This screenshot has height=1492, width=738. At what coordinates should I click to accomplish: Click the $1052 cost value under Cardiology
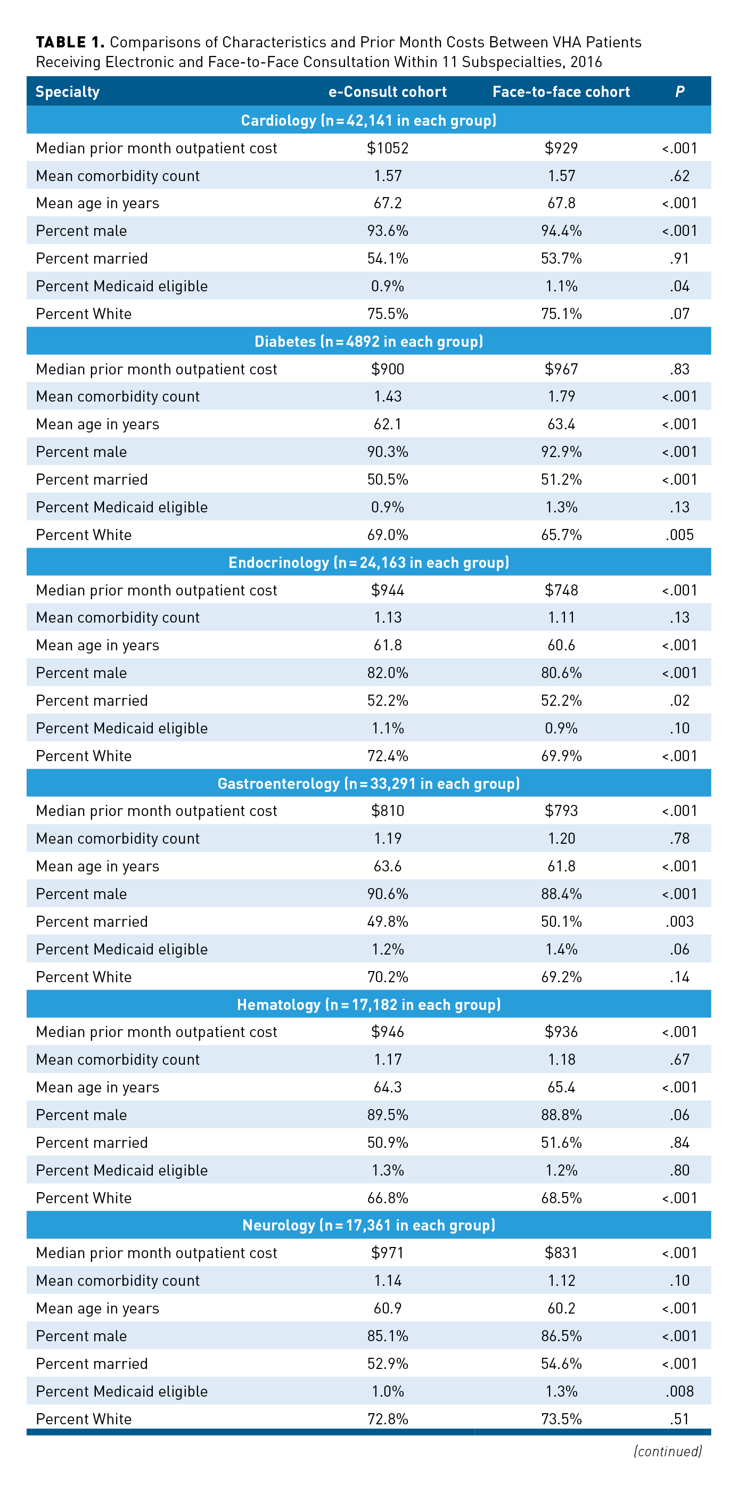click(x=387, y=148)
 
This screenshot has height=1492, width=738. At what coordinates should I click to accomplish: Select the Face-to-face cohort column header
click(x=561, y=92)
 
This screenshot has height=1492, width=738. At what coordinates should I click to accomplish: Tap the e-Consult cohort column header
click(x=387, y=92)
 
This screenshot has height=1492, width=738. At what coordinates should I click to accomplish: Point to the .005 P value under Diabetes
click(x=679, y=535)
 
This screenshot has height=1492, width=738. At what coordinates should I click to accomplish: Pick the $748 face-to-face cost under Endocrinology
click(x=561, y=590)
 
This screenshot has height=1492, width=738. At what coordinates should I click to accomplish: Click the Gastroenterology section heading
click(x=368, y=784)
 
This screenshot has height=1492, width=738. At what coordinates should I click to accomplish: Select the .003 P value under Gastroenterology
click(x=679, y=922)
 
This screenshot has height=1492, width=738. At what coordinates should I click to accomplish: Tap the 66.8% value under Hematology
click(x=387, y=1198)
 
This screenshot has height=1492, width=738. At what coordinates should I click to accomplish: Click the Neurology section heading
click(x=368, y=1226)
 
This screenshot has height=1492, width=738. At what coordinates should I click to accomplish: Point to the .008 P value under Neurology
click(x=679, y=1391)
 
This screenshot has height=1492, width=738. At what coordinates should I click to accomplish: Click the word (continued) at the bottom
click(x=667, y=1451)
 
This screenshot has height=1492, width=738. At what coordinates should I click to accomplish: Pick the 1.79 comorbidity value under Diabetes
click(x=561, y=397)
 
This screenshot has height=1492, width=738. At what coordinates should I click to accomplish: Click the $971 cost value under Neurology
click(x=387, y=1253)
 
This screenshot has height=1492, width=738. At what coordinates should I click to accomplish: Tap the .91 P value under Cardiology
click(x=679, y=258)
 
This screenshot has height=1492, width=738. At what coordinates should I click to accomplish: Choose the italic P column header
click(x=679, y=92)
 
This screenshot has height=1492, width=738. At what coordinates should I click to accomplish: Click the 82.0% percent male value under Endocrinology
click(x=387, y=673)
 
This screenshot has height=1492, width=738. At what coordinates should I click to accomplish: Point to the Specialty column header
click(x=68, y=92)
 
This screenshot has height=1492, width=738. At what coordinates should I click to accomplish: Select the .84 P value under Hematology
click(x=679, y=1143)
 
